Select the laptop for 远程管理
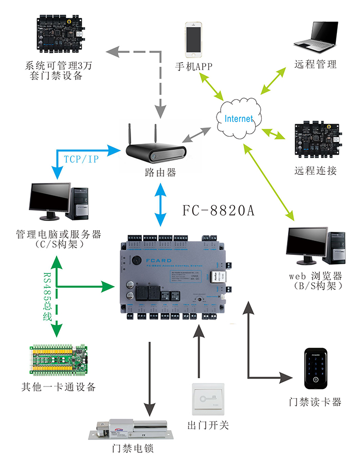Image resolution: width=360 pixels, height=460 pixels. click(316, 37)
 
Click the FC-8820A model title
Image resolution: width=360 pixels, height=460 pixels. click(219, 211)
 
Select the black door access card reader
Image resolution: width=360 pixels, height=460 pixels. click(314, 369)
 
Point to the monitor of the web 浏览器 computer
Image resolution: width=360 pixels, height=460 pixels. click(306, 242)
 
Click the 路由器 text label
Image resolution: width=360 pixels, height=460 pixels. click(160, 173)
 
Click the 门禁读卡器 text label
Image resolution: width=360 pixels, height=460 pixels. click(315, 402)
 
